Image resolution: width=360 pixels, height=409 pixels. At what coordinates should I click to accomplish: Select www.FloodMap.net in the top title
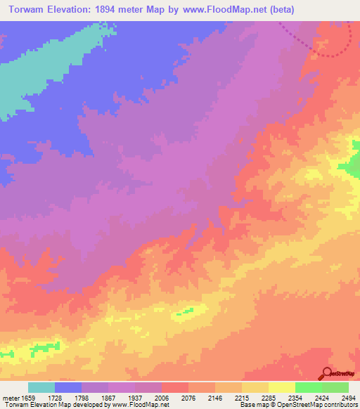click(219, 10)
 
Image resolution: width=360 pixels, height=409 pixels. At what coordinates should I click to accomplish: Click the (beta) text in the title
click(278, 10)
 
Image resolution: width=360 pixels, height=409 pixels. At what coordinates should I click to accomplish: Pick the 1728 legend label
click(55, 398)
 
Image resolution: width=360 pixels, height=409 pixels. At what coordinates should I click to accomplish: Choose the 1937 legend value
click(135, 398)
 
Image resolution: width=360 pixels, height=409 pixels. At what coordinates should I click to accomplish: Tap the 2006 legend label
click(162, 398)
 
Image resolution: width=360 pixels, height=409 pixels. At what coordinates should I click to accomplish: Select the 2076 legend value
click(188, 398)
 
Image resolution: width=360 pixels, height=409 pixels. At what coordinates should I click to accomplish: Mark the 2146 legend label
click(215, 398)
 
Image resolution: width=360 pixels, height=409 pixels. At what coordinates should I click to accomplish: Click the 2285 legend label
click(269, 398)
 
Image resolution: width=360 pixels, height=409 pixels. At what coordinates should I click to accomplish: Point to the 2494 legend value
click(348, 398)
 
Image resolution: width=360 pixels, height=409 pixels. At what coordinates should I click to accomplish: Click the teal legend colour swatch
click(41, 387)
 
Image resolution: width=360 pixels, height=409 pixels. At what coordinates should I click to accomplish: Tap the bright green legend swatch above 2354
click(308, 387)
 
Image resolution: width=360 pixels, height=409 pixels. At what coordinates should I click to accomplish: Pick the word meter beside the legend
click(11, 398)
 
